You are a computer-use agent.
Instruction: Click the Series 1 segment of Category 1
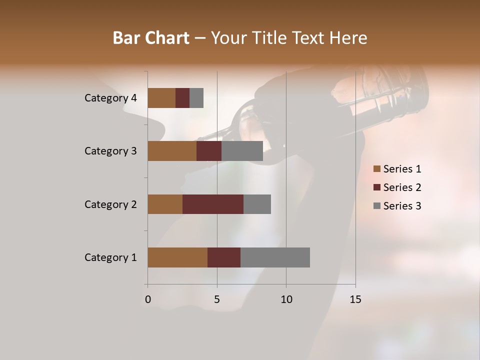(x=177, y=257)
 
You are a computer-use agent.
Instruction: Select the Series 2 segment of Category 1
(x=224, y=257)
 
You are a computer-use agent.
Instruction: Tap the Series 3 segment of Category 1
(x=275, y=257)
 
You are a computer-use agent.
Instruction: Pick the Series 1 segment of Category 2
(x=165, y=204)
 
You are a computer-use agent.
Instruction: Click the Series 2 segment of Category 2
(x=213, y=204)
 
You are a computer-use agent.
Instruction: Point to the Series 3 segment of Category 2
(x=257, y=204)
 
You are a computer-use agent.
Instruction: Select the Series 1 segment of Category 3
(x=172, y=151)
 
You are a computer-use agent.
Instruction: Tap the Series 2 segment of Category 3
(x=209, y=151)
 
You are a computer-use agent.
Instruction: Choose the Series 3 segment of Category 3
(x=242, y=151)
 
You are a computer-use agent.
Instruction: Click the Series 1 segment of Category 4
(x=161, y=98)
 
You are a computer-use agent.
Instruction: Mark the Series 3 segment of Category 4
(x=196, y=98)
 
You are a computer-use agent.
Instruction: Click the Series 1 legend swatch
(x=377, y=169)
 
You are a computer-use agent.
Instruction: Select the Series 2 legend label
(x=402, y=187)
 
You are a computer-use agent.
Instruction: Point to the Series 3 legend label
(x=402, y=206)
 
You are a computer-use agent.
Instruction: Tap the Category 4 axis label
(x=110, y=98)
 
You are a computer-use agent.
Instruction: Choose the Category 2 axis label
(x=110, y=204)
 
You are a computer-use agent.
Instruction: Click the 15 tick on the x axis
(x=355, y=299)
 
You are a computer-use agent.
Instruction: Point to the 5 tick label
(x=217, y=299)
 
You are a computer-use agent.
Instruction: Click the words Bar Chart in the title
(x=151, y=37)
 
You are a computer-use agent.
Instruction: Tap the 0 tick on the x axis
(x=148, y=299)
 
